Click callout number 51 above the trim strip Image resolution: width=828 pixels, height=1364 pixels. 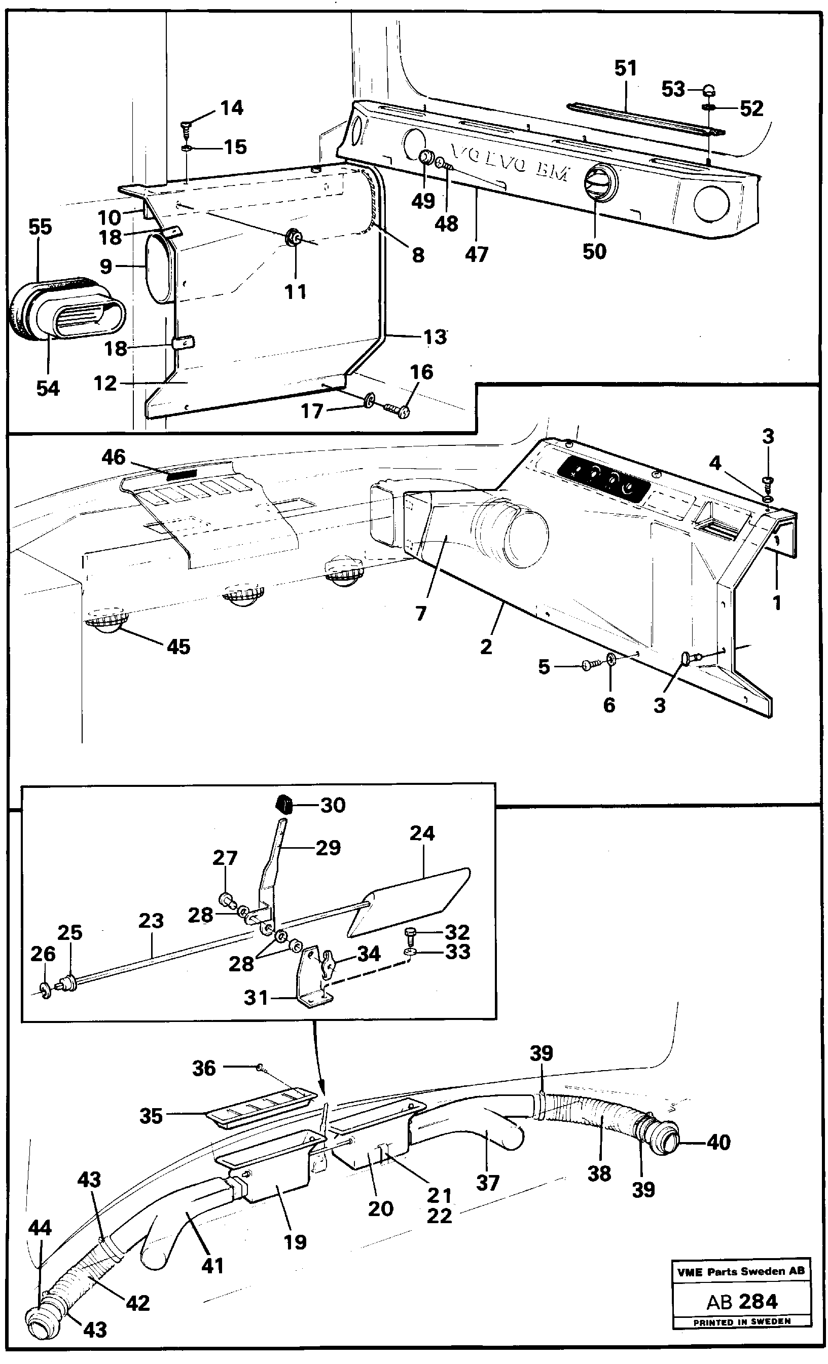pos(625,68)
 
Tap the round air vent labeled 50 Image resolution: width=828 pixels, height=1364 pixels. pos(595,181)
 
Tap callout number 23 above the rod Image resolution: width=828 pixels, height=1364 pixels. pos(151,921)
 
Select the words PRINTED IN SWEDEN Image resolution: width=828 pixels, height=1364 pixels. pos(742,1321)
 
